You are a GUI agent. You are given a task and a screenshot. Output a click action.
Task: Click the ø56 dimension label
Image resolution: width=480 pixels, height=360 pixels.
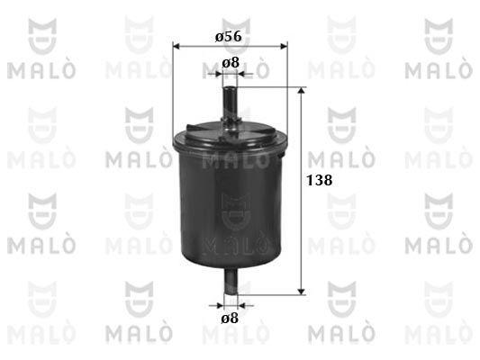229,37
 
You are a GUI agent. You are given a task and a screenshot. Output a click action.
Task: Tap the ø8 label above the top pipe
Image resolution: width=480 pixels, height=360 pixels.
231,63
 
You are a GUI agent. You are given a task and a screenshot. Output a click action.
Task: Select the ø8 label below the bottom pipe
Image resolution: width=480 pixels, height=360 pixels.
230,319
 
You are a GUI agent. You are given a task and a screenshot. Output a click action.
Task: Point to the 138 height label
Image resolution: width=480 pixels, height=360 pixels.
320,180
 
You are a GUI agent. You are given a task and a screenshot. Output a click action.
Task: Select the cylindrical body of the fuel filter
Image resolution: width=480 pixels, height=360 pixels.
231,196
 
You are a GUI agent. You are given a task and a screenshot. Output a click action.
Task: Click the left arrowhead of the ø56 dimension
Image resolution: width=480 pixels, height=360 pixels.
176,46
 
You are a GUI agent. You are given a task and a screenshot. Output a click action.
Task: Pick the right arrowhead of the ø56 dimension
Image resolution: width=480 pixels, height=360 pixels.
285,46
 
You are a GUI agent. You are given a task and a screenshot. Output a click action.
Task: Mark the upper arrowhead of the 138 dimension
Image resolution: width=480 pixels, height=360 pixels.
302,90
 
